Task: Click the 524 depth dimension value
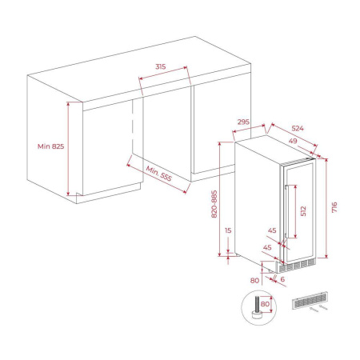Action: click(x=296, y=128)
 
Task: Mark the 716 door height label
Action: click(x=335, y=207)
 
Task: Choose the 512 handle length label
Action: click(x=302, y=211)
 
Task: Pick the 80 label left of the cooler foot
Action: click(x=254, y=281)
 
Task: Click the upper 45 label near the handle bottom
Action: click(x=272, y=231)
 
